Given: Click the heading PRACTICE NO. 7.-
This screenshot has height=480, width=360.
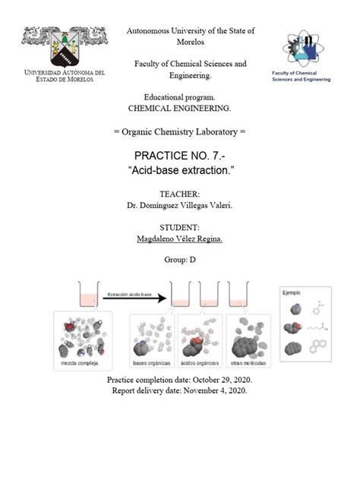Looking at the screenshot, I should [x=179, y=156].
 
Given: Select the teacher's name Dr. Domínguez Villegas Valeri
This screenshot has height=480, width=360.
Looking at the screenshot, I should [x=179, y=205].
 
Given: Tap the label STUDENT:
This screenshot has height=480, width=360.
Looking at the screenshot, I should [x=179, y=227].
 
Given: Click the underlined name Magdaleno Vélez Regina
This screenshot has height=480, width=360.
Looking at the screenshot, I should [x=179, y=238].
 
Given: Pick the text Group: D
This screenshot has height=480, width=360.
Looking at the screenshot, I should [x=179, y=259].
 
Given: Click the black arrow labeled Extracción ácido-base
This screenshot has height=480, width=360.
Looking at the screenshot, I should [x=134, y=298].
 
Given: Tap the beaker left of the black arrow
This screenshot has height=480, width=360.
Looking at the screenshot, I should [x=89, y=294].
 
